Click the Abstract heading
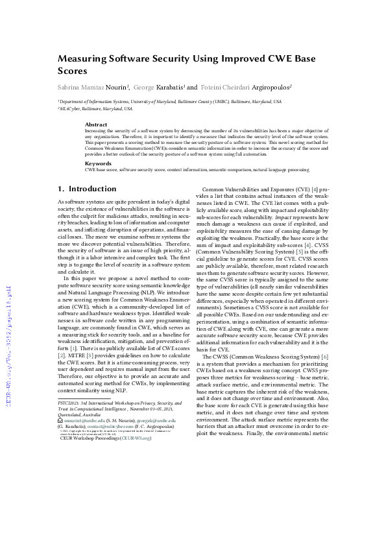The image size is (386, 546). pyautogui.click(x=96, y=124)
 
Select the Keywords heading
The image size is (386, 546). pyautogui.click(x=98, y=163)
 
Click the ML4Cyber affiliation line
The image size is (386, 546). pyautogui.click(x=95, y=109)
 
